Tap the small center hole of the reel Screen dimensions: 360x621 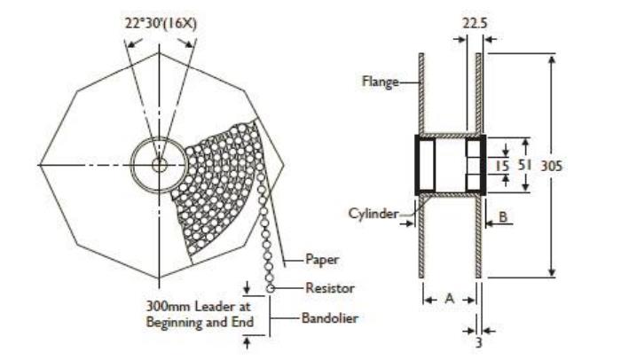tap(159, 165)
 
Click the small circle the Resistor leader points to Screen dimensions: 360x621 tap(268, 288)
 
